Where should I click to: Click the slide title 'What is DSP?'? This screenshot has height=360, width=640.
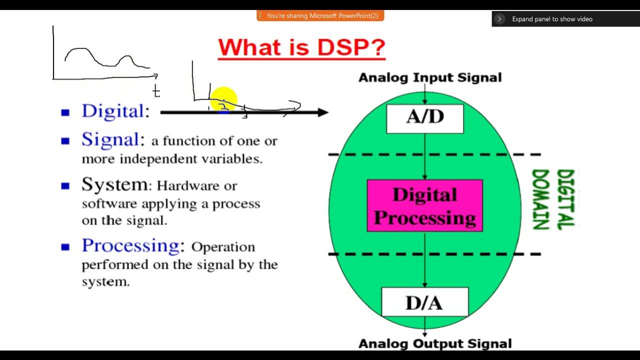(301, 48)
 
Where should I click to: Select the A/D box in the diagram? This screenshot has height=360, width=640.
(425, 118)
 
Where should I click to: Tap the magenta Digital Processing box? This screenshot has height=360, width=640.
(425, 206)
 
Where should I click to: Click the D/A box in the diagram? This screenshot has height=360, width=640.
(424, 302)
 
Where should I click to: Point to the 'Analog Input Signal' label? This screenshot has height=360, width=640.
(430, 77)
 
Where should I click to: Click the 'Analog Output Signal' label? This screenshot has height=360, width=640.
(435, 344)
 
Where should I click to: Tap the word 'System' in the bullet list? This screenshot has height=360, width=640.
(115, 184)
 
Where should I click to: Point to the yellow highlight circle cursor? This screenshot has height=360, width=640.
(223, 99)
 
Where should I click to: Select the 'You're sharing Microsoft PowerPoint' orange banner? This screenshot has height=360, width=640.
(320, 16)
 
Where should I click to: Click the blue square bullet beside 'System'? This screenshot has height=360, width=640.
(65, 186)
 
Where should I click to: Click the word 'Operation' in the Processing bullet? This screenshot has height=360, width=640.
(223, 247)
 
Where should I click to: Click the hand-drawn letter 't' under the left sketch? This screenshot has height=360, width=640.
(156, 91)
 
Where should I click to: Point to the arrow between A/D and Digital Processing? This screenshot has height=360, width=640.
(425, 156)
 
